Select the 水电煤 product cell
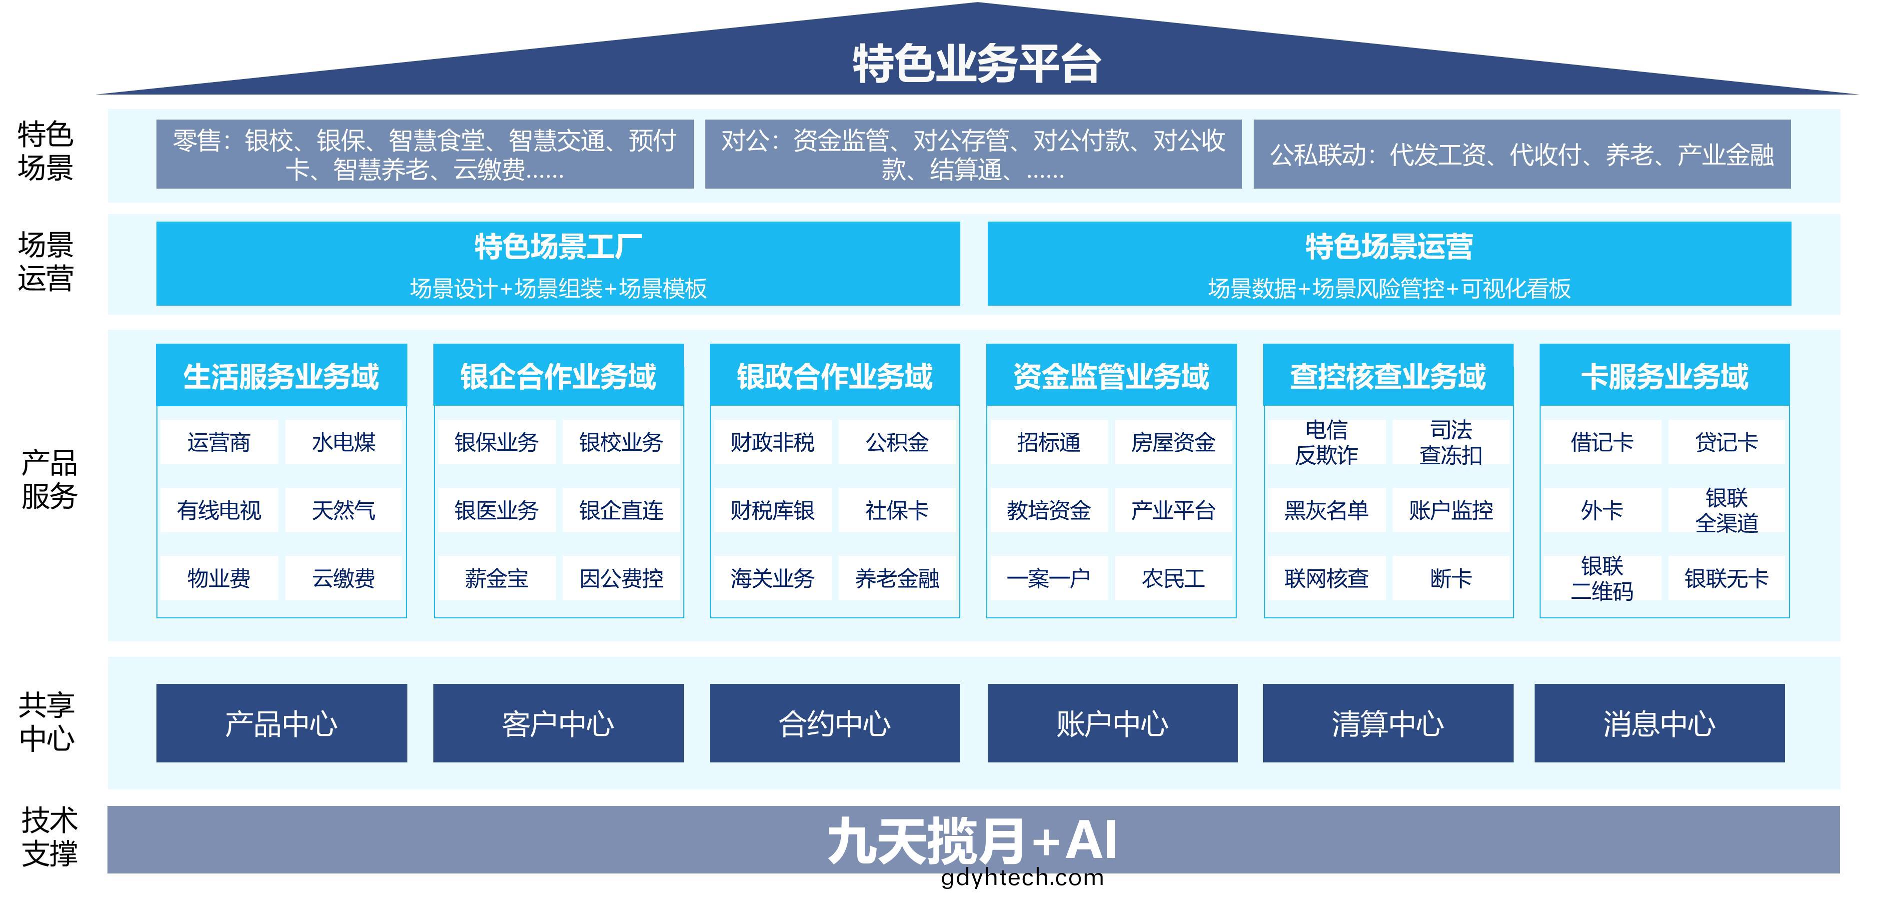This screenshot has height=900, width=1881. [x=343, y=442]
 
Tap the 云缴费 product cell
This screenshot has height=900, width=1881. [x=343, y=578]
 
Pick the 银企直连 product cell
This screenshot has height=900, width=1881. [x=621, y=510]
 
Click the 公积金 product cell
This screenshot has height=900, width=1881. [x=897, y=442]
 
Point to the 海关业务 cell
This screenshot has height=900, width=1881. [x=773, y=578]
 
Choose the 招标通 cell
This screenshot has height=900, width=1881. [x=1049, y=442]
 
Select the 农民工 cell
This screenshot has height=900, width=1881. [x=1173, y=578]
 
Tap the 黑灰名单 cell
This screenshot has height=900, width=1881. [x=1326, y=510]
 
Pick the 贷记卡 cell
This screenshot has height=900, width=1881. [x=1726, y=442]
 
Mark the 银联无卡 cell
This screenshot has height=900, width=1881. [x=1726, y=578]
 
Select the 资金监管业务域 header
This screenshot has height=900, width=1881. [x=1111, y=376]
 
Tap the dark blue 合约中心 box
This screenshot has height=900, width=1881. [x=835, y=723]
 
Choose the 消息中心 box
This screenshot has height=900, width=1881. [x=1659, y=723]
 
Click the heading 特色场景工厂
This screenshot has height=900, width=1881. [x=558, y=247]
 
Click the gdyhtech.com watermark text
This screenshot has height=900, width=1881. [x=1022, y=877]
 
